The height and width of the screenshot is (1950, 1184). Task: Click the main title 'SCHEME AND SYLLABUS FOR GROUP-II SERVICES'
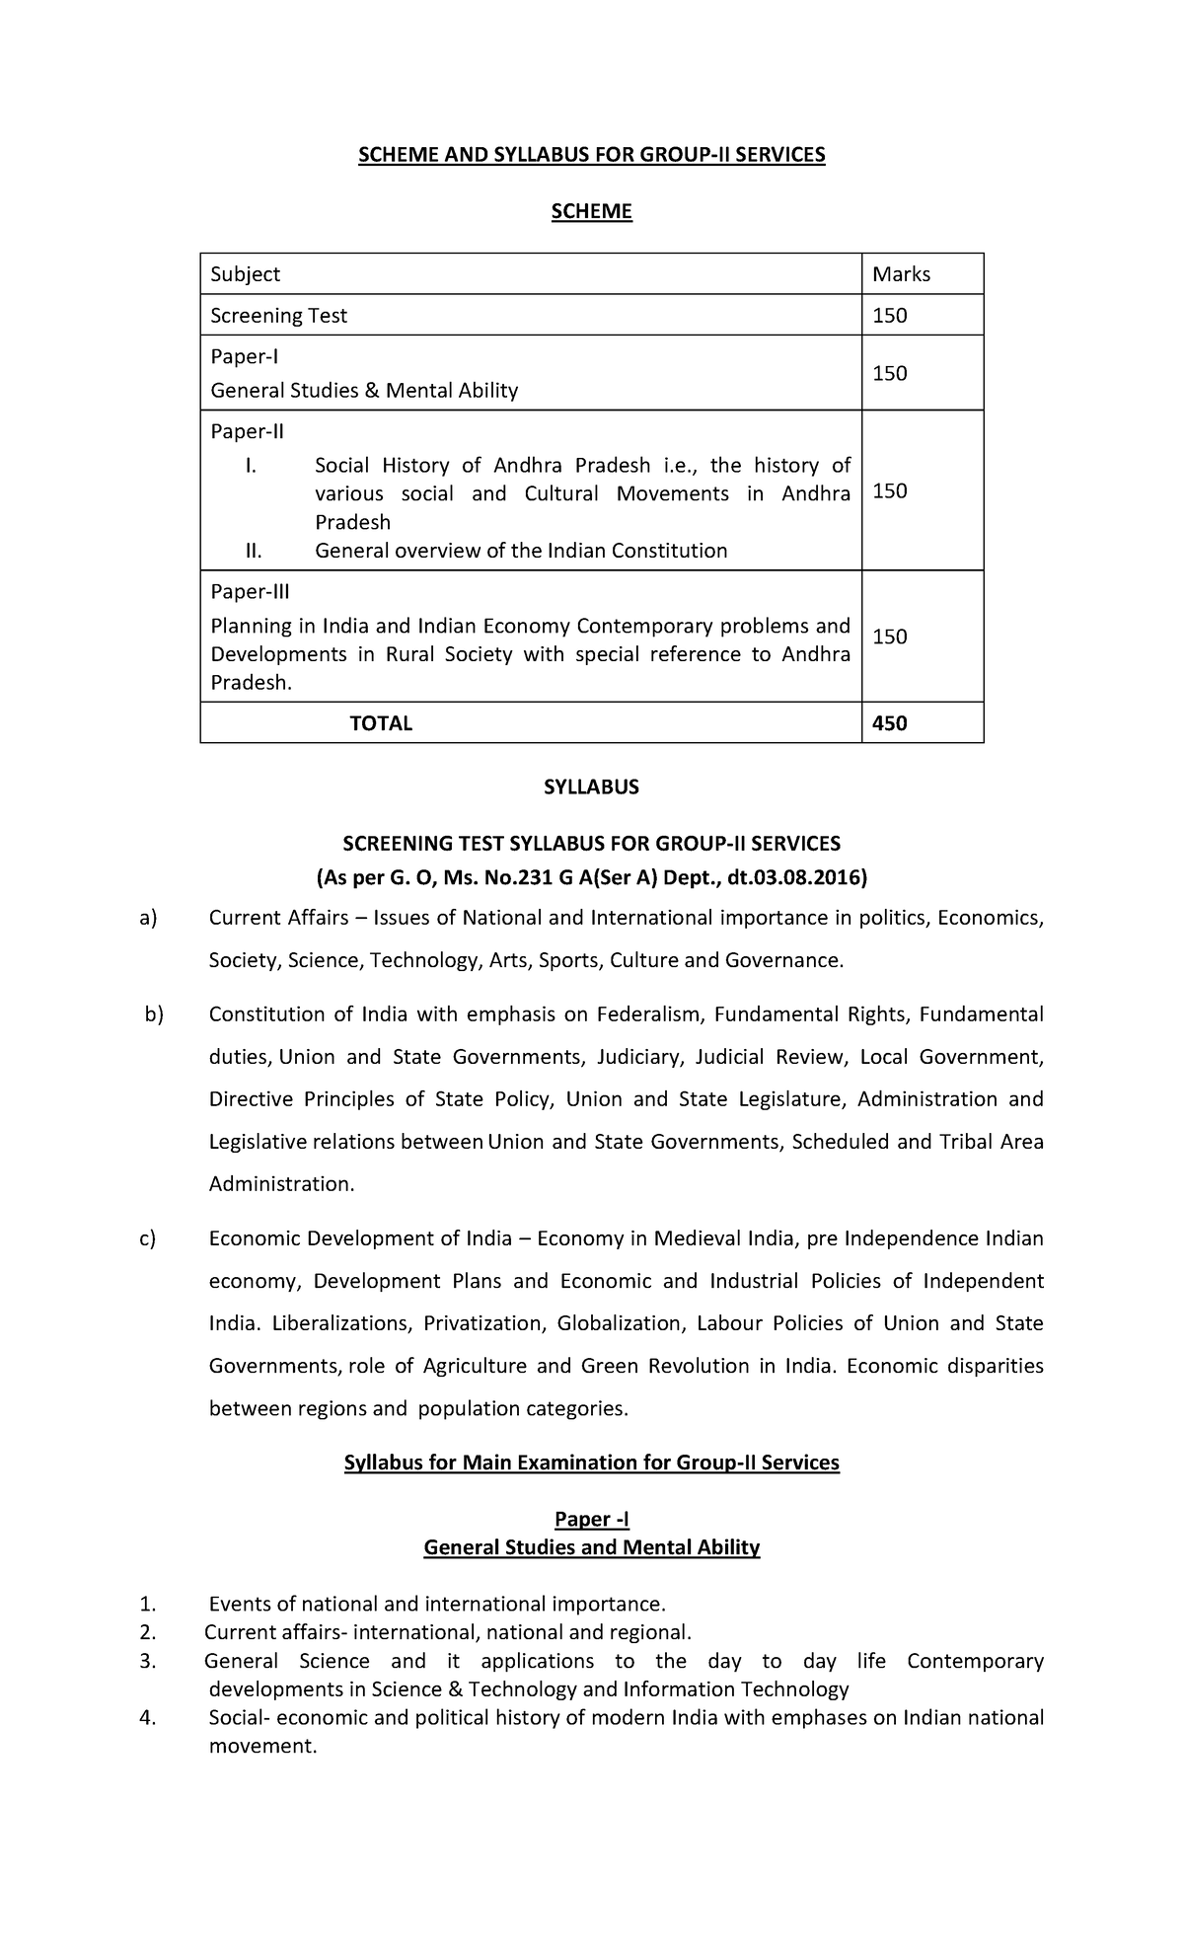click(x=591, y=155)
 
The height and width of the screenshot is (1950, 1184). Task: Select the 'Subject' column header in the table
click(x=246, y=274)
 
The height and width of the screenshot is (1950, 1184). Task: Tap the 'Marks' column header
click(x=901, y=274)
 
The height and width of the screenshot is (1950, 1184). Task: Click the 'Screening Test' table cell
click(x=279, y=316)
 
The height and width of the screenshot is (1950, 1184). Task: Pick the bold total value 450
click(x=889, y=723)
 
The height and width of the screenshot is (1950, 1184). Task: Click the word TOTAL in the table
click(x=381, y=723)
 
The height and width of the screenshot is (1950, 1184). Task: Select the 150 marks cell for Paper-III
click(x=889, y=637)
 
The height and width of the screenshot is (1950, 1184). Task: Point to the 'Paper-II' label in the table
click(x=248, y=431)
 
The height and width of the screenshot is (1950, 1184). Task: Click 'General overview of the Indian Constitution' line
click(x=521, y=551)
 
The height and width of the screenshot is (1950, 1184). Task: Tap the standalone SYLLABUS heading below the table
click(x=591, y=787)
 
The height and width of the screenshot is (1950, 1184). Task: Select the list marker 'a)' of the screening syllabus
click(x=148, y=919)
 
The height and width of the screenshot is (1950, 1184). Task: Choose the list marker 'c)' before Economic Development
click(x=148, y=1238)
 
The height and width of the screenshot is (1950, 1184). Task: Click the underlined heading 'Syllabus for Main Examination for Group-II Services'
click(x=591, y=1462)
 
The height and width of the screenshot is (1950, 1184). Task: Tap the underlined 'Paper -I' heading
click(x=591, y=1520)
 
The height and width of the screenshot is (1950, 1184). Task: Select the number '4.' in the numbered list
click(x=148, y=1718)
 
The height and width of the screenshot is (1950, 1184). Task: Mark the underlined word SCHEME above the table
click(x=591, y=211)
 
